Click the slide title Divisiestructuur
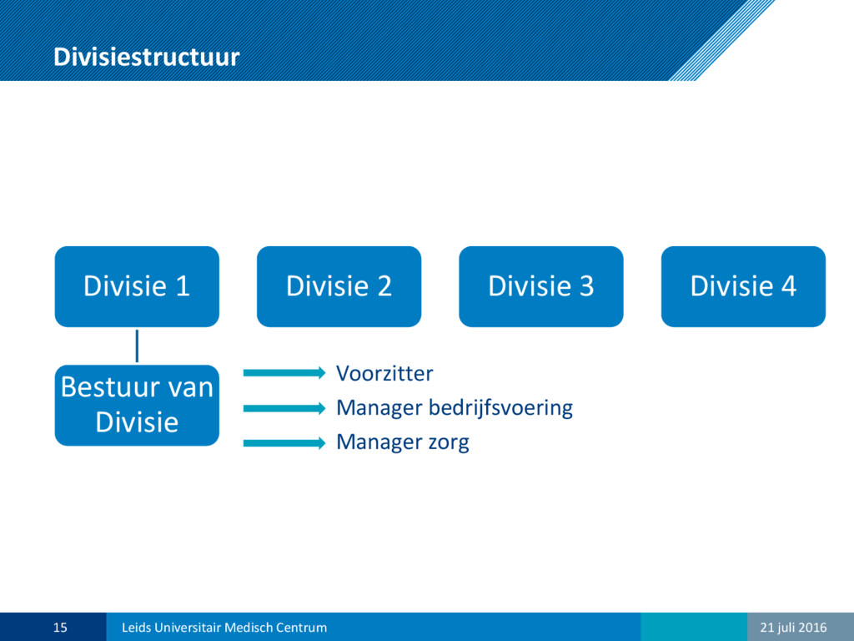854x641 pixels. [147, 58]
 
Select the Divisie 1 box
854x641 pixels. [137, 286]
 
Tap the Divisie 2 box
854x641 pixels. [339, 286]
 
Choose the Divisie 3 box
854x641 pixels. [540, 286]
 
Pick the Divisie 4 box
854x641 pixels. [743, 286]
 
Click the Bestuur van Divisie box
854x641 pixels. [137, 405]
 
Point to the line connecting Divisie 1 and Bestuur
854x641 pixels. [137, 346]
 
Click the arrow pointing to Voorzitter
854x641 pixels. [284, 373]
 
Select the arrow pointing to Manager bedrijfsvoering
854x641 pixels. [284, 408]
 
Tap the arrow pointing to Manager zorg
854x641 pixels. [284, 443]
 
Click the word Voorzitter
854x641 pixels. [384, 373]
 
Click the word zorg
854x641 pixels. [448, 443]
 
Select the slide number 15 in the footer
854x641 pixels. [60, 628]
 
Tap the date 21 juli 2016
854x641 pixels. [793, 628]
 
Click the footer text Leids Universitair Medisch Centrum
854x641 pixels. [224, 628]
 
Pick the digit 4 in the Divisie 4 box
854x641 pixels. [789, 286]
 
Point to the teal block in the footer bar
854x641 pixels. [694, 627]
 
